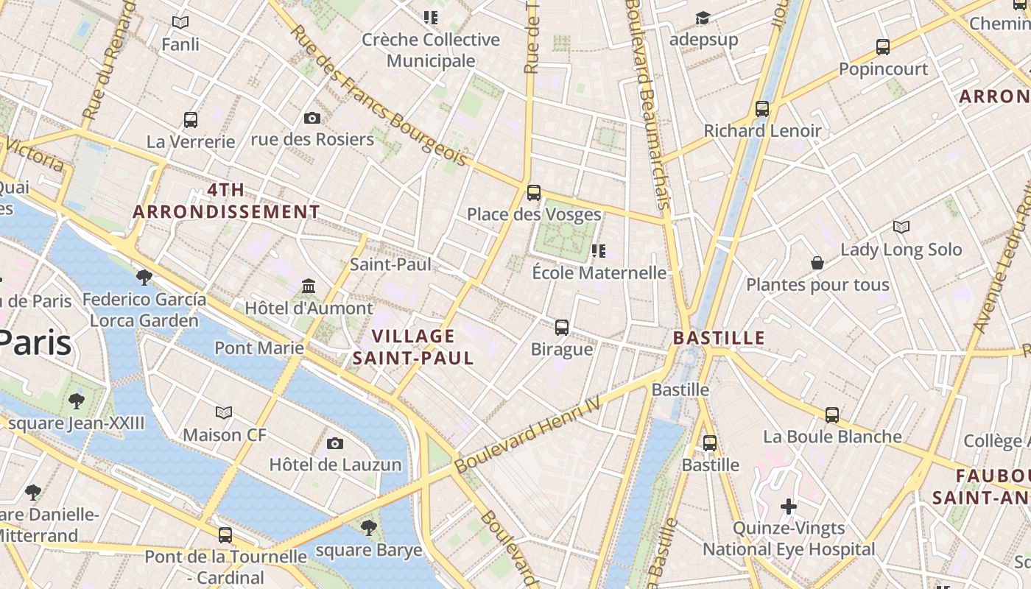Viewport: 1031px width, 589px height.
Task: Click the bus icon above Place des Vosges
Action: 534,193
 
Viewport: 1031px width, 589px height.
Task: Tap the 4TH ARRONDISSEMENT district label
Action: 226,201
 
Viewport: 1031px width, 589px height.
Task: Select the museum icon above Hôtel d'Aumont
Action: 309,286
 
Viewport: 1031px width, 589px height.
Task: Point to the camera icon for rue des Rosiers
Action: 312,118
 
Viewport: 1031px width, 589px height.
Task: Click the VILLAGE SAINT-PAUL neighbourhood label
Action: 413,347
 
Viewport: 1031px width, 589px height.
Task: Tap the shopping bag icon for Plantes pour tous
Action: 817,263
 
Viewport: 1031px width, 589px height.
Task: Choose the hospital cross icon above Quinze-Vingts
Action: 789,507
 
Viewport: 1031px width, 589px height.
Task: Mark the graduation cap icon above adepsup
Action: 703,18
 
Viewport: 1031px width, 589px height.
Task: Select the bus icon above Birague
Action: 562,327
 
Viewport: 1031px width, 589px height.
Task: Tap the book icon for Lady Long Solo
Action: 901,227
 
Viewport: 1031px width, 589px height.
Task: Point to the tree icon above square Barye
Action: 369,527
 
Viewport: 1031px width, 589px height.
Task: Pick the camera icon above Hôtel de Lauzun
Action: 335,443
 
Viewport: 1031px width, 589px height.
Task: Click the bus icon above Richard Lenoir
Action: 762,109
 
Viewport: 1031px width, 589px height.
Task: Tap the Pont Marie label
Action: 258,348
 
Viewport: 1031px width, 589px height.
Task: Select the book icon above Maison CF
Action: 224,412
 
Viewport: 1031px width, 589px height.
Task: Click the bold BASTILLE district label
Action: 719,339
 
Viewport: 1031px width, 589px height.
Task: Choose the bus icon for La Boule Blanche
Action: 832,415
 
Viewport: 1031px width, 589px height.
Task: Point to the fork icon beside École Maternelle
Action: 599,251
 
